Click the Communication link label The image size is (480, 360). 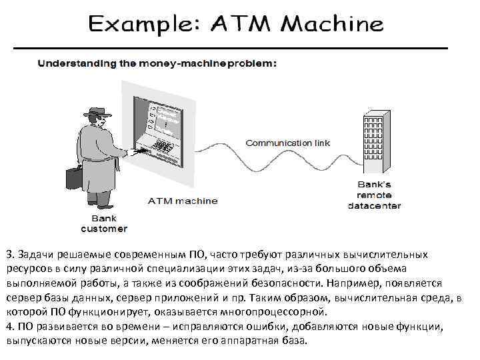[x=287, y=143]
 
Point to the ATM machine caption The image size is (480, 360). [x=182, y=201]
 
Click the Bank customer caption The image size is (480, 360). [x=103, y=223]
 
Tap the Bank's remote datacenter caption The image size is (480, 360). [x=375, y=195]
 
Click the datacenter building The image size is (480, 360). [x=377, y=139]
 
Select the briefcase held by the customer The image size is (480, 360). [x=74, y=177]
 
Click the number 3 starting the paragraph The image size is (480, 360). [x=9, y=255]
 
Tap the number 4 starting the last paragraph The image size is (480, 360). [x=9, y=325]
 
